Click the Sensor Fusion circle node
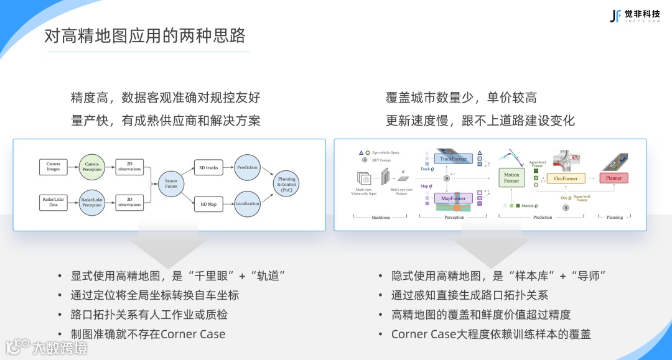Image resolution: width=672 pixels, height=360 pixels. (x=171, y=184)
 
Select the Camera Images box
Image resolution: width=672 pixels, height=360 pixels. (x=54, y=167)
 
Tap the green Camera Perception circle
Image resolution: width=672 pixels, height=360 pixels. (x=92, y=167)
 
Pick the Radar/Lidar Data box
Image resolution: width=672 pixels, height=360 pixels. (x=54, y=201)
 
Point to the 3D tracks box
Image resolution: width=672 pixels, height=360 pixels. (x=208, y=167)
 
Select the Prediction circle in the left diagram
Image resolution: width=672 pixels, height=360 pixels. (x=247, y=167)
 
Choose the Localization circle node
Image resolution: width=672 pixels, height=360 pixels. (x=247, y=203)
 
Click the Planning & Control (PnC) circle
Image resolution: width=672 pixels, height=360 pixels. (x=287, y=184)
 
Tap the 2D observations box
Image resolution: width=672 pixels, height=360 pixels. (x=129, y=167)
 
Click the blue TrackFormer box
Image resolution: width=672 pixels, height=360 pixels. (x=453, y=159)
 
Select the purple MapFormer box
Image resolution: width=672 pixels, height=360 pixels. (x=453, y=198)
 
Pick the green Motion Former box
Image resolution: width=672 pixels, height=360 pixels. (x=511, y=178)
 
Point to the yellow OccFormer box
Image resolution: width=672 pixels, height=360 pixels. (x=566, y=178)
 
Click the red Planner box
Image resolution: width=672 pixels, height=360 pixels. (x=614, y=178)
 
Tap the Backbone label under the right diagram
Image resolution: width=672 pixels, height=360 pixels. (x=381, y=218)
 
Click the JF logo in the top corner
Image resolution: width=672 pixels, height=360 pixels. (x=615, y=16)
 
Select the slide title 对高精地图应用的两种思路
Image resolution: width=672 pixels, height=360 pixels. (x=145, y=35)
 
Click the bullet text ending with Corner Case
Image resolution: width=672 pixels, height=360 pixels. (x=148, y=334)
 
